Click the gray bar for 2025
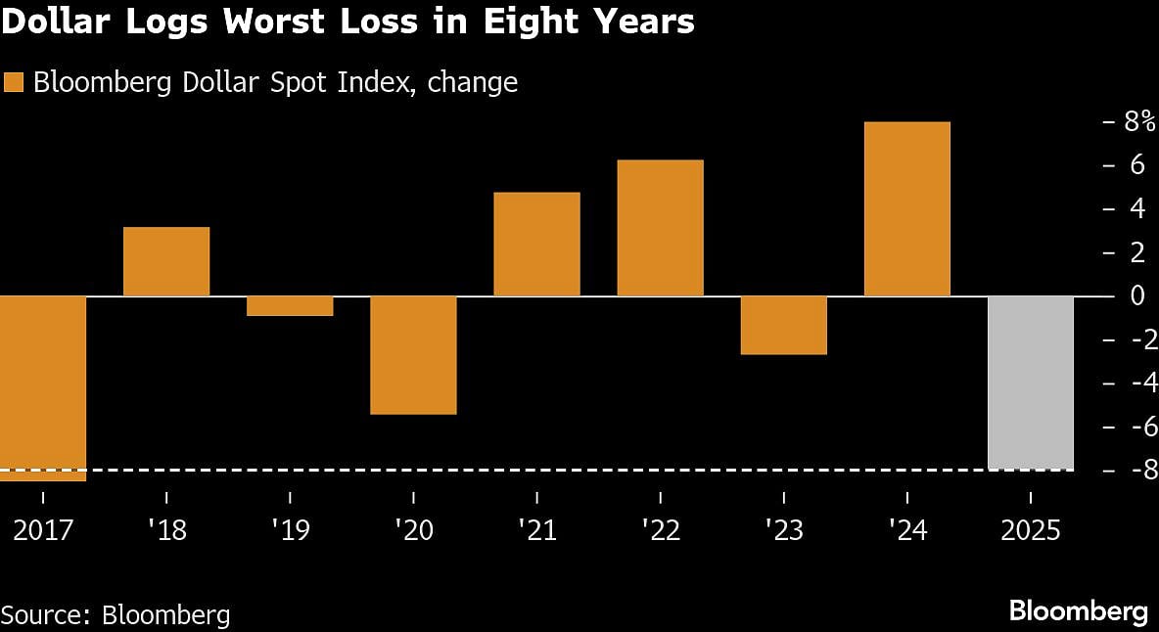coord(1031,383)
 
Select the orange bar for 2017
coord(43,387)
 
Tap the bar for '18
coord(166,261)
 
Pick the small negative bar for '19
coord(290,306)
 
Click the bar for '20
coord(413,354)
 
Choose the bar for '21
coord(536,244)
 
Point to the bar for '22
coord(660,228)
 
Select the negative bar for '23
coord(784,325)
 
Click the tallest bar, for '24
coord(907,208)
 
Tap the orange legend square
coord(13,83)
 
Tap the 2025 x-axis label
coord(1031,530)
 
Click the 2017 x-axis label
coord(43,530)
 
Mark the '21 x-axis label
coord(536,530)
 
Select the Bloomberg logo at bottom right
coord(1078,612)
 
